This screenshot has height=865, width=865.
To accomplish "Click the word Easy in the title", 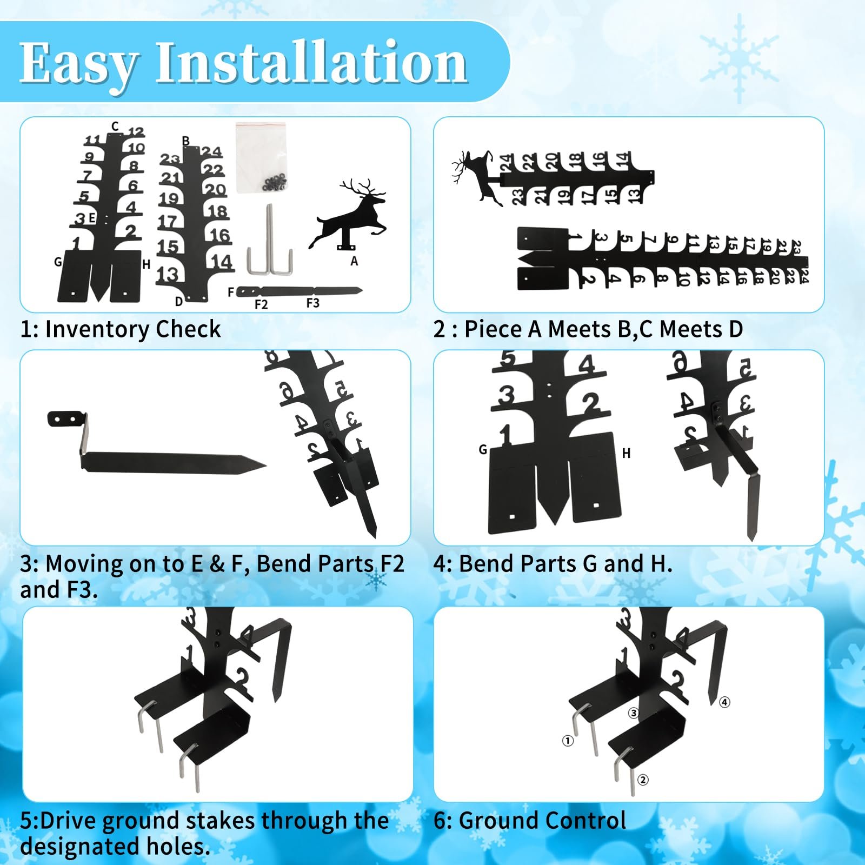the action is coord(79,64).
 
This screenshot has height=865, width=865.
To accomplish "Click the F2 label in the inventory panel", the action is coord(261,304).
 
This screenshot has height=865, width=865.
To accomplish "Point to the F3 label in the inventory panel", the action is coord(312,303).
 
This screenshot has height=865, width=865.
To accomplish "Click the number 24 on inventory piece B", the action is coord(211,151).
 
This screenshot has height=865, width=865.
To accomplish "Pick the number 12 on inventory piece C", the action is coord(136,132).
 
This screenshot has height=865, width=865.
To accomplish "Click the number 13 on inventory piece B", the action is coord(167,275).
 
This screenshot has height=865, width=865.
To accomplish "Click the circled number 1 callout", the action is coord(568,741).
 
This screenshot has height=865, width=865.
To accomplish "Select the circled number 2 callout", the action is coord(643,780).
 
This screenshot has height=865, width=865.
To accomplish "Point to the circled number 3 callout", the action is coord(634,713).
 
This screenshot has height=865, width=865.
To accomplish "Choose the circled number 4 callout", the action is coord(724,702).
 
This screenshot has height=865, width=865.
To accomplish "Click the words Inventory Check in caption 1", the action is coord(133,329).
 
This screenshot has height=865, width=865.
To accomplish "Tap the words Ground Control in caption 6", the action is coord(543,820).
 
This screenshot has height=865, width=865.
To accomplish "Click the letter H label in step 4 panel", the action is coord(626,453).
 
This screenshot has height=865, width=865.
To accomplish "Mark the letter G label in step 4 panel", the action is coord(483,449).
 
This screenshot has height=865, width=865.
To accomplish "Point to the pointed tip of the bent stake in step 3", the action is coord(265,465).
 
